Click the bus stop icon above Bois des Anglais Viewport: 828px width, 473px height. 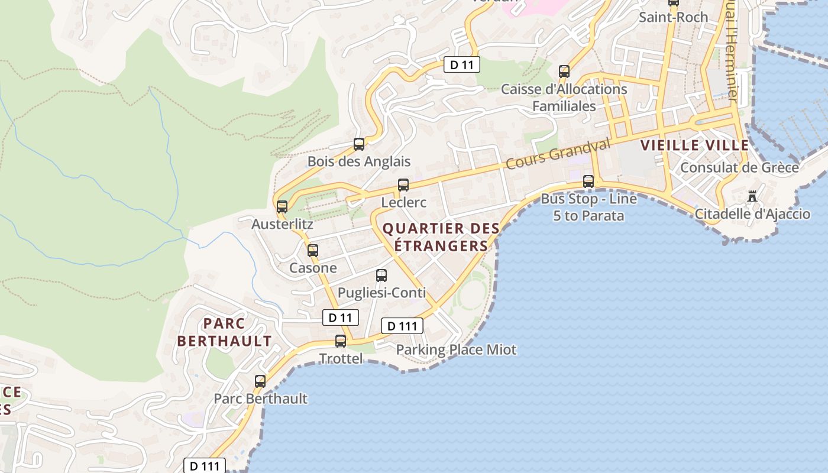click(358, 144)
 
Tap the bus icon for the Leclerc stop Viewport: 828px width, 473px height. click(403, 185)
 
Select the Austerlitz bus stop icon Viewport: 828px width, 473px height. click(282, 207)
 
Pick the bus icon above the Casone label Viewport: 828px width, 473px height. click(313, 251)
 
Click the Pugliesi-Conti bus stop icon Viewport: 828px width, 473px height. click(381, 276)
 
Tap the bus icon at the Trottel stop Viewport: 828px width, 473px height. click(341, 341)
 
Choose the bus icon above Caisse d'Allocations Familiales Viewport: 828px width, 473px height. click(564, 72)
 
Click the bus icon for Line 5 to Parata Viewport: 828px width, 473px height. click(588, 182)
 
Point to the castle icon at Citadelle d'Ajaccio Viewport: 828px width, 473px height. click(752, 196)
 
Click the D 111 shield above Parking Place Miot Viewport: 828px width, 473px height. click(402, 326)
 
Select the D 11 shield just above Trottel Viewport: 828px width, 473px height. click(341, 318)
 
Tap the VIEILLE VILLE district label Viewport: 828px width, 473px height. click(695, 145)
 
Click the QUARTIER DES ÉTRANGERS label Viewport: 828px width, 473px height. click(441, 237)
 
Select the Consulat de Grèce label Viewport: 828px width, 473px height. click(739, 167)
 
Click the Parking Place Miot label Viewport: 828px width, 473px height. click(456, 349)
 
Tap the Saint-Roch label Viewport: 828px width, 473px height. click(673, 17)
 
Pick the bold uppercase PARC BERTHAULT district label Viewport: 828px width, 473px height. click(224, 332)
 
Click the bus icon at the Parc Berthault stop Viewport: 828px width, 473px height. click(260, 381)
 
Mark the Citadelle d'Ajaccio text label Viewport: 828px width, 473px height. click(752, 213)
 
